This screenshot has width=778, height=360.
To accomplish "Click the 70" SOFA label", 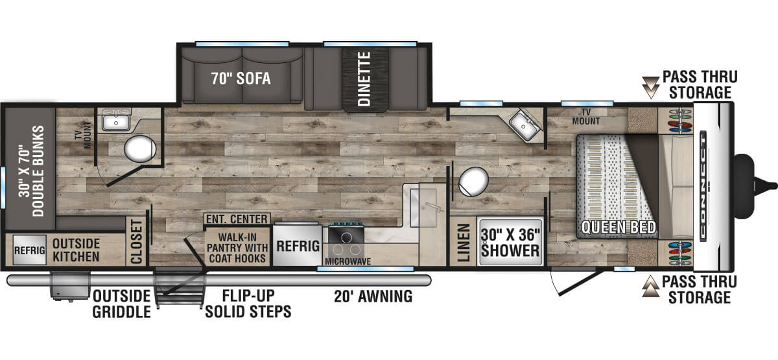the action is coord(241,78).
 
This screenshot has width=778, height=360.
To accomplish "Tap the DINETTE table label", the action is coord(364,79).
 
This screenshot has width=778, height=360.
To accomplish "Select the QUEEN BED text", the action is coord(619,228).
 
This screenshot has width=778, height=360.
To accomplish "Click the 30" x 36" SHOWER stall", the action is coord(510,242).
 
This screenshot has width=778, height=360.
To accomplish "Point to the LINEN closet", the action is coord(464,242).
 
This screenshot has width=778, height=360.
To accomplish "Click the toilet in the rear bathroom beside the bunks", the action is coord(140,149).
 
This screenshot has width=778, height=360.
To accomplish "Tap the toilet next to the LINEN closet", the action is coord(473,182).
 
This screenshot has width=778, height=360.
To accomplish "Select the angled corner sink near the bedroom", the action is coord(525,125).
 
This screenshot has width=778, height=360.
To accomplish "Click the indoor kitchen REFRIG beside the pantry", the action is coord(298,246).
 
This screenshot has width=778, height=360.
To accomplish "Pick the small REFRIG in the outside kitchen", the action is coord(30,250).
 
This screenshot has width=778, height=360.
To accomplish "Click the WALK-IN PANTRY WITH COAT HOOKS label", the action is coord(237,248).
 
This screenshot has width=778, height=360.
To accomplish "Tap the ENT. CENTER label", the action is coord(237,219).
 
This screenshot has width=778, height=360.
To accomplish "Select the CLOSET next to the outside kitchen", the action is coord(137,241).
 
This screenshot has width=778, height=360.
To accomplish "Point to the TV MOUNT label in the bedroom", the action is coord(586,117).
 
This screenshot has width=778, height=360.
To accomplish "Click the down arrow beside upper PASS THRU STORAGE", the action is coord(650,87).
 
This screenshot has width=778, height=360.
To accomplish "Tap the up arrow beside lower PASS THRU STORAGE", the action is coord(650,286).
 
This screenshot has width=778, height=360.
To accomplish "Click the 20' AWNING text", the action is coord(373,296).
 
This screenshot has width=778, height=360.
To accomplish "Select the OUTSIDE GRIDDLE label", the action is coord(122,304).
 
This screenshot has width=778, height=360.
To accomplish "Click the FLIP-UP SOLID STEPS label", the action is coord(248,304).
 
